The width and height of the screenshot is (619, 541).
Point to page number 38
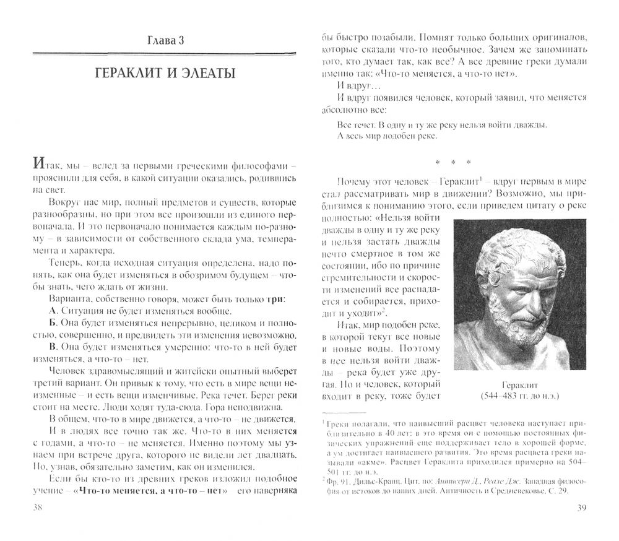(x=26, y=506)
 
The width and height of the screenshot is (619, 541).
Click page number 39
(x=581, y=506)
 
